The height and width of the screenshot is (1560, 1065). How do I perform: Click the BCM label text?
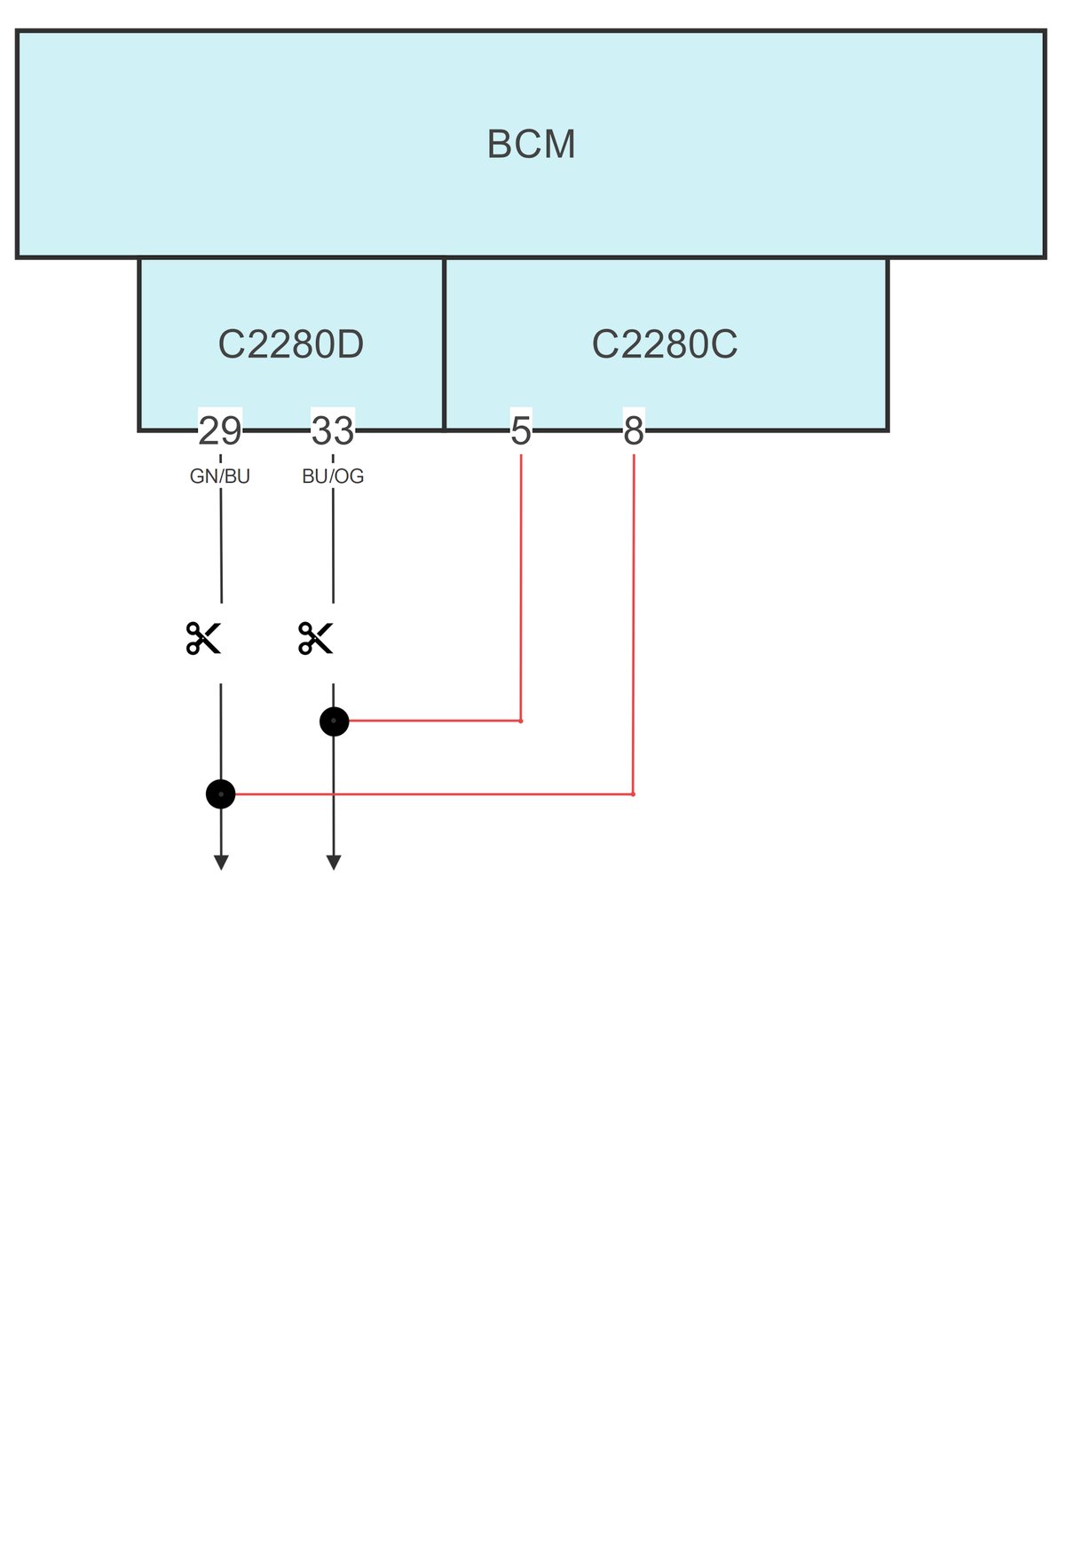(531, 145)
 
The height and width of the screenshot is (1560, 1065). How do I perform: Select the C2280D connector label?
(291, 344)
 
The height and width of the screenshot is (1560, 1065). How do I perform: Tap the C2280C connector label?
(665, 344)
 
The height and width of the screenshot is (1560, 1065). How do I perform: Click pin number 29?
(220, 431)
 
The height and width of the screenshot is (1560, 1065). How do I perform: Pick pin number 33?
(333, 431)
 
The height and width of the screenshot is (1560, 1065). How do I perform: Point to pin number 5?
(521, 431)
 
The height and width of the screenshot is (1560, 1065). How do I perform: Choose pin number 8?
(634, 431)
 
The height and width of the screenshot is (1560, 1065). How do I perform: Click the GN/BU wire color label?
(220, 477)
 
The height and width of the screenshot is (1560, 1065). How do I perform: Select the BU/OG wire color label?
(333, 477)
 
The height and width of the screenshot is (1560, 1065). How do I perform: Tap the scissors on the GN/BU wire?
(203, 638)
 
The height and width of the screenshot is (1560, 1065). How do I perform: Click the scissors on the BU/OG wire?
(316, 638)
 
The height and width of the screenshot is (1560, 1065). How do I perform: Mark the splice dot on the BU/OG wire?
(334, 721)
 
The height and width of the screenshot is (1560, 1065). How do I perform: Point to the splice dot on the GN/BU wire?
(221, 794)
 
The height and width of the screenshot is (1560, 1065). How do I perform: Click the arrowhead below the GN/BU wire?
(221, 863)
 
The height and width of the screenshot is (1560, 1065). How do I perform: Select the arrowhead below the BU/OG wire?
(334, 863)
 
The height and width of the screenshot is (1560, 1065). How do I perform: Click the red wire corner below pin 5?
(521, 721)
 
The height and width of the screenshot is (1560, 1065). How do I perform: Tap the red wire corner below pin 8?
(633, 794)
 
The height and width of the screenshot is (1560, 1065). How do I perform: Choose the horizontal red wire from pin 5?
(435, 721)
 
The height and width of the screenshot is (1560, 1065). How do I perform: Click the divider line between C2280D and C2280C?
(444, 344)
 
